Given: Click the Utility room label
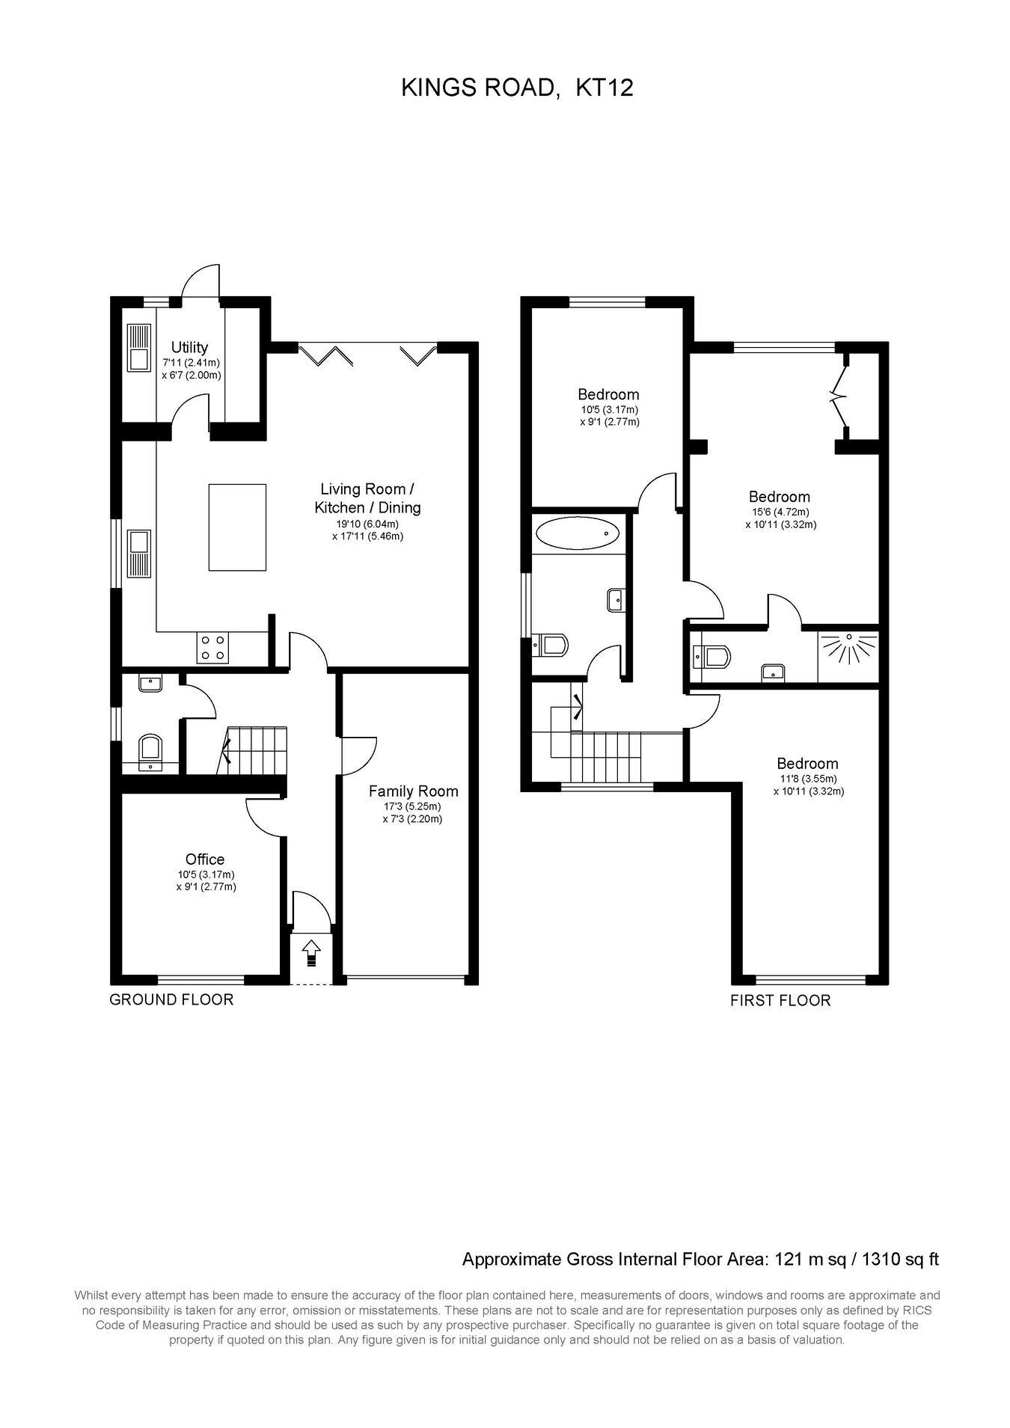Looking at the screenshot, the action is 189,347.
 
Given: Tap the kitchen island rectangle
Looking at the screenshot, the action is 237,527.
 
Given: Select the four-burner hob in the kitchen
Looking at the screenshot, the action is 212,647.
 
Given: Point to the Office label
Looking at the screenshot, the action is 205,859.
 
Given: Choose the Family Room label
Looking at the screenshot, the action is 413,791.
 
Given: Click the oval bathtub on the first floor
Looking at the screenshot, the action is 578,534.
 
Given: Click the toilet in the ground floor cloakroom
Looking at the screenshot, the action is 150,750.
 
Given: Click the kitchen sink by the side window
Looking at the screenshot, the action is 139,554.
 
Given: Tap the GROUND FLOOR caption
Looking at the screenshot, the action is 171,999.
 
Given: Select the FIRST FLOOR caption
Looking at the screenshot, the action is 780,1001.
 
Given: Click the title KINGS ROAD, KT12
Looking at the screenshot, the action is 518,88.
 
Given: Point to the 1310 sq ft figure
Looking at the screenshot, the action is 901,1259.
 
